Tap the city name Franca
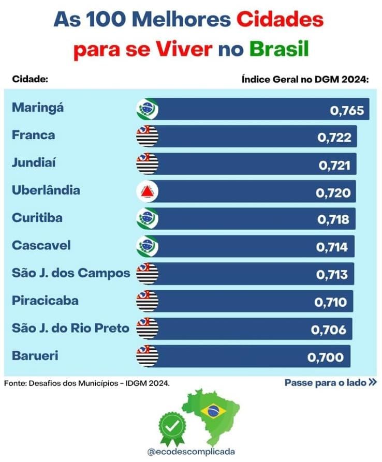tap(33, 136)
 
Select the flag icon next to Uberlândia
tap(147, 192)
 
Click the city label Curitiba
tap(37, 218)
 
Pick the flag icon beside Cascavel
tap(147, 247)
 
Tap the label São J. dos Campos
tap(71, 273)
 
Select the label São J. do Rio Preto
tap(70, 327)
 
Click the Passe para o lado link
tap(330, 383)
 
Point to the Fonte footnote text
tap(86, 383)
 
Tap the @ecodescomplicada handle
tap(191, 451)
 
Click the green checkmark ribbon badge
tap(172, 428)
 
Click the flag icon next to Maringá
tap(147, 109)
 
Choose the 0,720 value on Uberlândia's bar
tap(333, 193)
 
